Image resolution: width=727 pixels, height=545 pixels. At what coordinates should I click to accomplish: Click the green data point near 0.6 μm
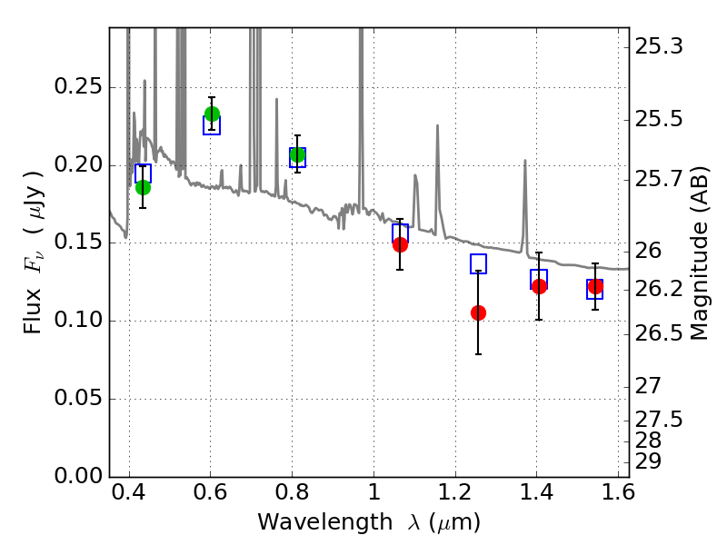[212, 114]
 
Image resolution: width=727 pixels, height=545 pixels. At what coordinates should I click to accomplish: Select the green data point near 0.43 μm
[143, 188]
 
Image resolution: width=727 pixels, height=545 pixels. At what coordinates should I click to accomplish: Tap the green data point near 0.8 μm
[297, 154]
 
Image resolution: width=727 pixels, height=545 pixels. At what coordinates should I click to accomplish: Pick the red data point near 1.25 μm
[478, 312]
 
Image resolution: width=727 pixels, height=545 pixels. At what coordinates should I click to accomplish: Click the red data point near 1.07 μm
[400, 244]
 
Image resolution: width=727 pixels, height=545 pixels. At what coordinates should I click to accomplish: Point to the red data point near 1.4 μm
[539, 286]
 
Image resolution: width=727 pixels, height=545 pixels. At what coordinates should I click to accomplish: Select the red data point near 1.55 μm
[595, 286]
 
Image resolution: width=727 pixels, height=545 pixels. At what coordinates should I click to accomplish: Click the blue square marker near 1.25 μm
[478, 264]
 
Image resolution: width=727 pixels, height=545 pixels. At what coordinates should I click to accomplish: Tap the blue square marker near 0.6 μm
[212, 125]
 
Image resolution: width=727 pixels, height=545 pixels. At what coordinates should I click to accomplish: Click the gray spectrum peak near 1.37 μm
[524, 162]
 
